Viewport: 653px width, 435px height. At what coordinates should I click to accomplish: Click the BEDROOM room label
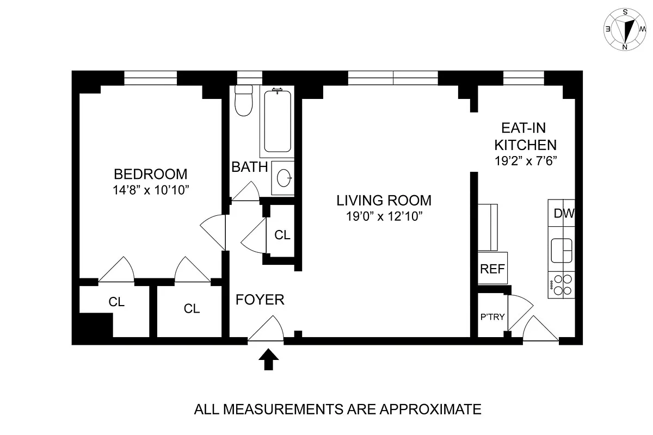click(150, 174)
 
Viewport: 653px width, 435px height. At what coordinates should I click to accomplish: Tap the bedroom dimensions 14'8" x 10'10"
click(150, 190)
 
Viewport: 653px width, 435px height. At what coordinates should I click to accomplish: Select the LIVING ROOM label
click(384, 200)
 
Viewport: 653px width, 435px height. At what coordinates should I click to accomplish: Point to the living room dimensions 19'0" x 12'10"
click(384, 216)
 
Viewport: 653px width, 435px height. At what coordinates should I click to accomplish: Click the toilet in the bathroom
click(243, 101)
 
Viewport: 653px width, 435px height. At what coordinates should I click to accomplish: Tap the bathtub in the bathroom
click(279, 122)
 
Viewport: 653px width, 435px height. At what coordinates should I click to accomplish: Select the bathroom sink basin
click(284, 177)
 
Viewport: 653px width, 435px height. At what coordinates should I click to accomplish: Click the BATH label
click(249, 167)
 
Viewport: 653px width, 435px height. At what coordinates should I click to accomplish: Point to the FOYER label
click(260, 300)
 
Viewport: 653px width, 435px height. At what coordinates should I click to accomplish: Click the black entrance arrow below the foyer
click(268, 359)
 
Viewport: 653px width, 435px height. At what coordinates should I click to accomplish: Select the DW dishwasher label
click(563, 214)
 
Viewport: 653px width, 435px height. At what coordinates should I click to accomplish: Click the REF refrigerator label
click(492, 269)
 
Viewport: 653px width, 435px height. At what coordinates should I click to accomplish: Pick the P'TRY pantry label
click(492, 317)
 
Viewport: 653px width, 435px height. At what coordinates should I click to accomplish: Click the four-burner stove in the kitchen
click(562, 284)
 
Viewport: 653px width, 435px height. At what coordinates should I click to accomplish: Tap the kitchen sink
click(562, 251)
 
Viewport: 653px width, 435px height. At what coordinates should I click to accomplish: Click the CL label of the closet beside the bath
click(282, 235)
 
